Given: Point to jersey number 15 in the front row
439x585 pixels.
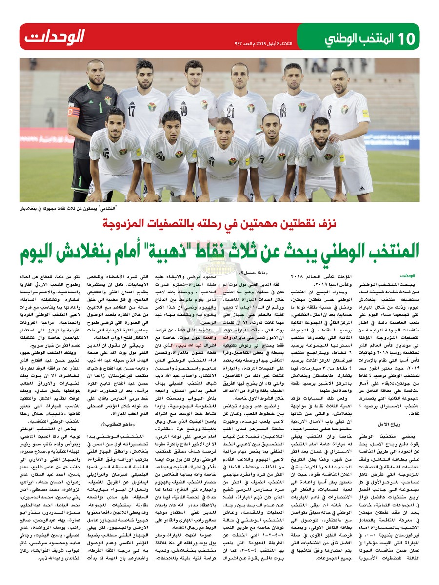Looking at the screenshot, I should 106,156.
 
